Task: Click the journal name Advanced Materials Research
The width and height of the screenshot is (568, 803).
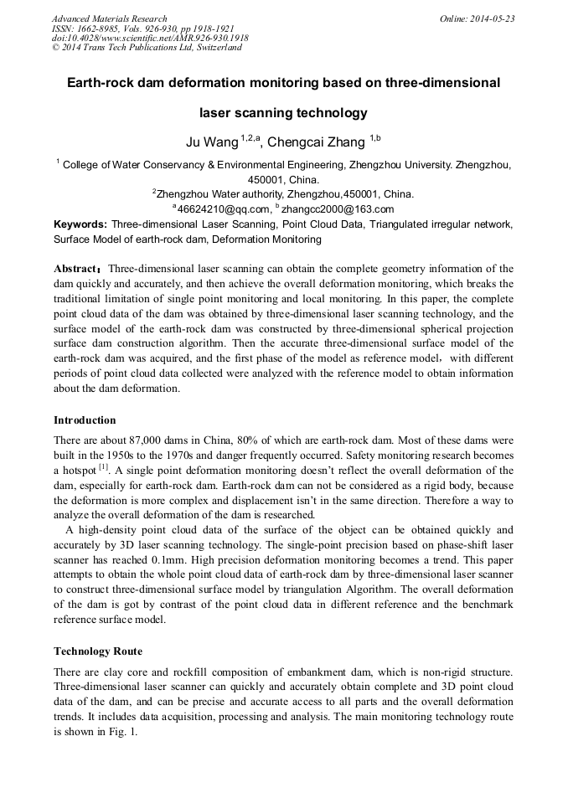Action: [x=109, y=18]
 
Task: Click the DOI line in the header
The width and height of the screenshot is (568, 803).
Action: [x=150, y=39]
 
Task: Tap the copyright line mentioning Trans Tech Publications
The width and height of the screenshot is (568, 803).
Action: [x=147, y=48]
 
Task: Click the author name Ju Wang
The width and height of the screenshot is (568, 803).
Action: [x=212, y=142]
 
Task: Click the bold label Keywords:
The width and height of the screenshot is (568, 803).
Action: [x=80, y=224]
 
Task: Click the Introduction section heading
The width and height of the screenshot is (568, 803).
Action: [x=85, y=420]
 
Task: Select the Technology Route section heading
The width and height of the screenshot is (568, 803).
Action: [x=98, y=651]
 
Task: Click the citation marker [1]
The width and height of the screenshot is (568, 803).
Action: [x=103, y=466]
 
